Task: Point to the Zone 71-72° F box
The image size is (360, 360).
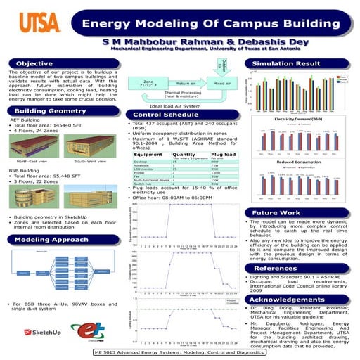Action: pos(151,84)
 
